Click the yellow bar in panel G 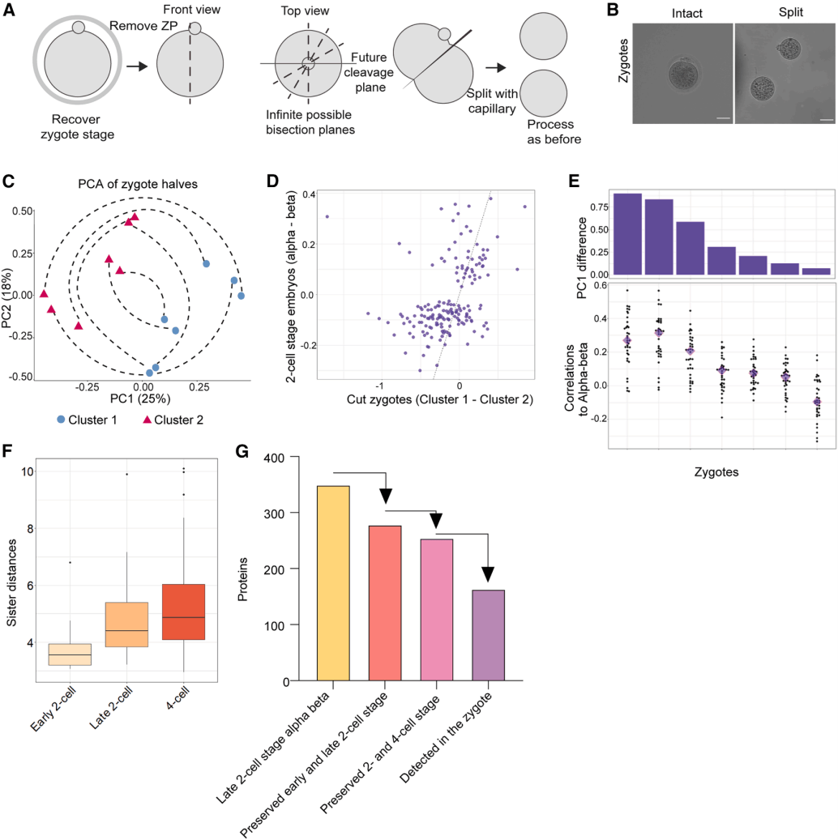[332, 583]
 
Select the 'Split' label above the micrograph [782, 14]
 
